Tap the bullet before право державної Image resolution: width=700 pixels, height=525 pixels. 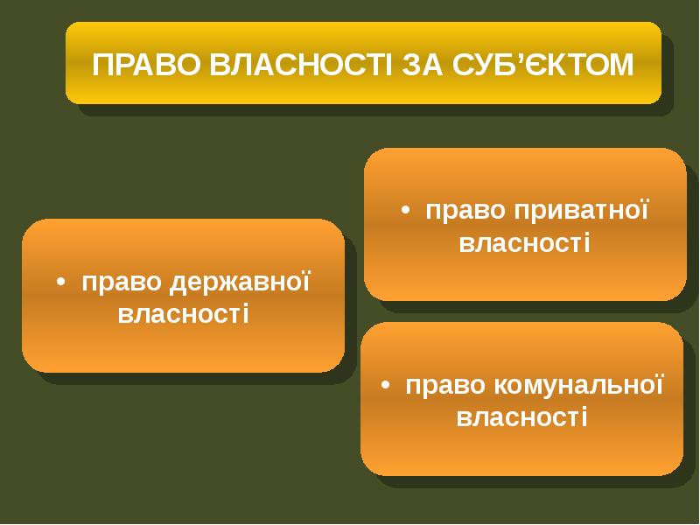click(x=62, y=283)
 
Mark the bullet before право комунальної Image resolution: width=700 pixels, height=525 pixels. click(x=387, y=387)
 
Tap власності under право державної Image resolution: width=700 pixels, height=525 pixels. click(x=183, y=313)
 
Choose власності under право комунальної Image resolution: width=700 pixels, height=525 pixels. click(x=521, y=416)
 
